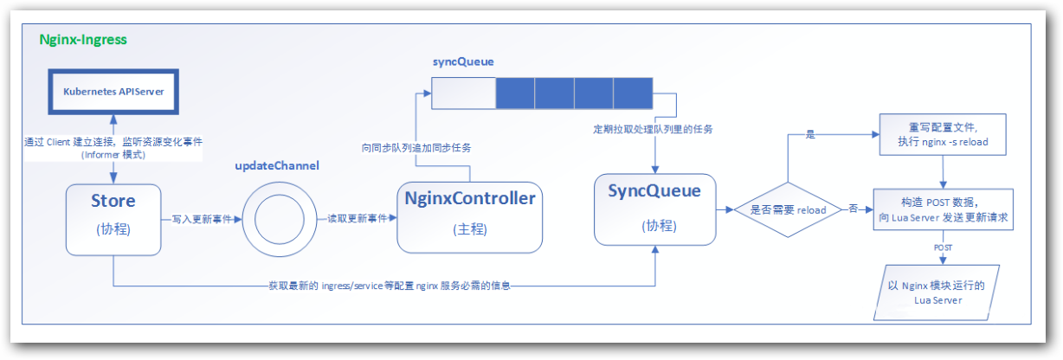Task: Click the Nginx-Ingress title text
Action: [x=83, y=40]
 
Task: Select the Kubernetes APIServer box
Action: [x=113, y=90]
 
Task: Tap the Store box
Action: [x=113, y=219]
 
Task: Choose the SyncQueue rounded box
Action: [x=655, y=209]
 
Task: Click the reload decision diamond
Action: [x=787, y=210]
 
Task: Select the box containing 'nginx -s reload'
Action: [x=943, y=136]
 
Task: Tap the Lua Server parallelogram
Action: [x=937, y=292]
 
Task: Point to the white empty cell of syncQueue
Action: [x=463, y=93]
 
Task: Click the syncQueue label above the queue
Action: [x=462, y=63]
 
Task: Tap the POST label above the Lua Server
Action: [x=943, y=247]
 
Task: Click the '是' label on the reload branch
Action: [x=810, y=136]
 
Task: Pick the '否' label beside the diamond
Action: [x=853, y=209]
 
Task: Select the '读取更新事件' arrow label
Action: [x=357, y=220]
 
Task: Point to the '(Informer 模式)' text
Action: [x=113, y=155]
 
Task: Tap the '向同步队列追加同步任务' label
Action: [x=416, y=147]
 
